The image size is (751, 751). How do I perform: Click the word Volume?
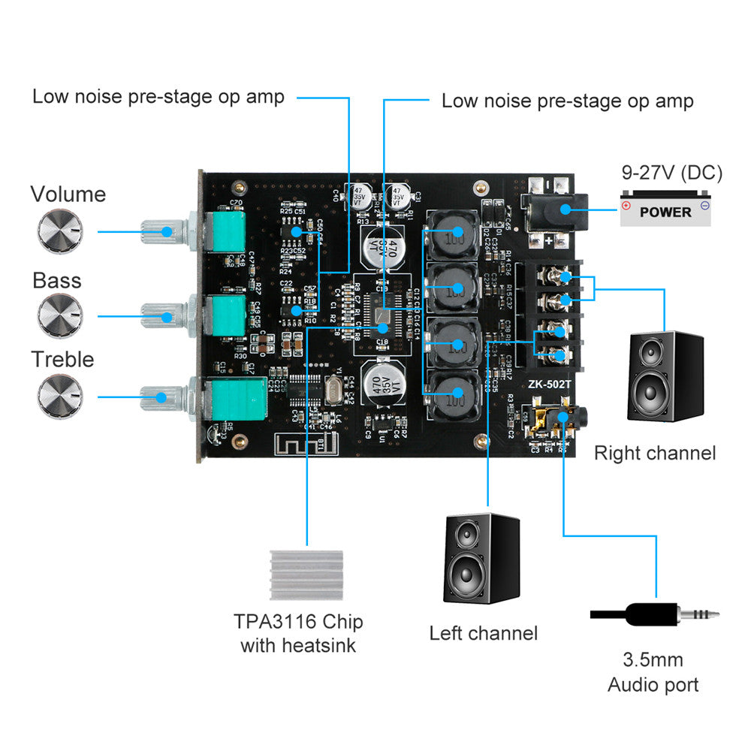(x=68, y=195)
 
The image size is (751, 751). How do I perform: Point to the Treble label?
(x=62, y=359)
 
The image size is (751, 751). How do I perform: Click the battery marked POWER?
(x=665, y=210)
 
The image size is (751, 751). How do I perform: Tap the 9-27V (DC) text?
(x=671, y=173)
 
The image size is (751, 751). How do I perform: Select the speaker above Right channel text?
(x=665, y=375)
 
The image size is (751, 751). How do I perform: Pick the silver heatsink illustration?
(x=306, y=575)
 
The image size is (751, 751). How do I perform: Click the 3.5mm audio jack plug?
(x=653, y=614)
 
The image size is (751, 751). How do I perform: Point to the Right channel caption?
(x=655, y=453)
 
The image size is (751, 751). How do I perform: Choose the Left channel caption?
(x=484, y=633)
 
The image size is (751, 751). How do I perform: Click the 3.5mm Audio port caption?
(x=653, y=672)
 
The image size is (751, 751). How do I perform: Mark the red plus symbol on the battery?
(x=626, y=204)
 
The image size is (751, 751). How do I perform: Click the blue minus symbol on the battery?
(x=704, y=204)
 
